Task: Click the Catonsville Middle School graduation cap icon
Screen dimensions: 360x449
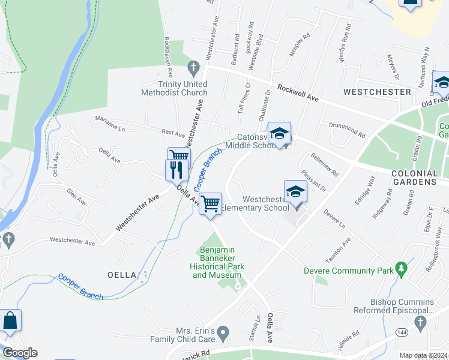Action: [x=279, y=133]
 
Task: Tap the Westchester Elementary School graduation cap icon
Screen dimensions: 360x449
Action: [x=295, y=191]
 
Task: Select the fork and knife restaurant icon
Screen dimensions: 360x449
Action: [x=176, y=169]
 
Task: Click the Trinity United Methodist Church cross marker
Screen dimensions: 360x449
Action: [x=193, y=66]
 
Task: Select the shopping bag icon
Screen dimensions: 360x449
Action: [x=10, y=321]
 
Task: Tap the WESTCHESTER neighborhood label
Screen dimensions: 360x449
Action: [x=377, y=92]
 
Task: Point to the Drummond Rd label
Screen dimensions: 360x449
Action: [x=347, y=128]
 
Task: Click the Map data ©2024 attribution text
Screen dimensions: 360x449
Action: [x=423, y=355]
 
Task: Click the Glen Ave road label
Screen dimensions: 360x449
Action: [x=77, y=197]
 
